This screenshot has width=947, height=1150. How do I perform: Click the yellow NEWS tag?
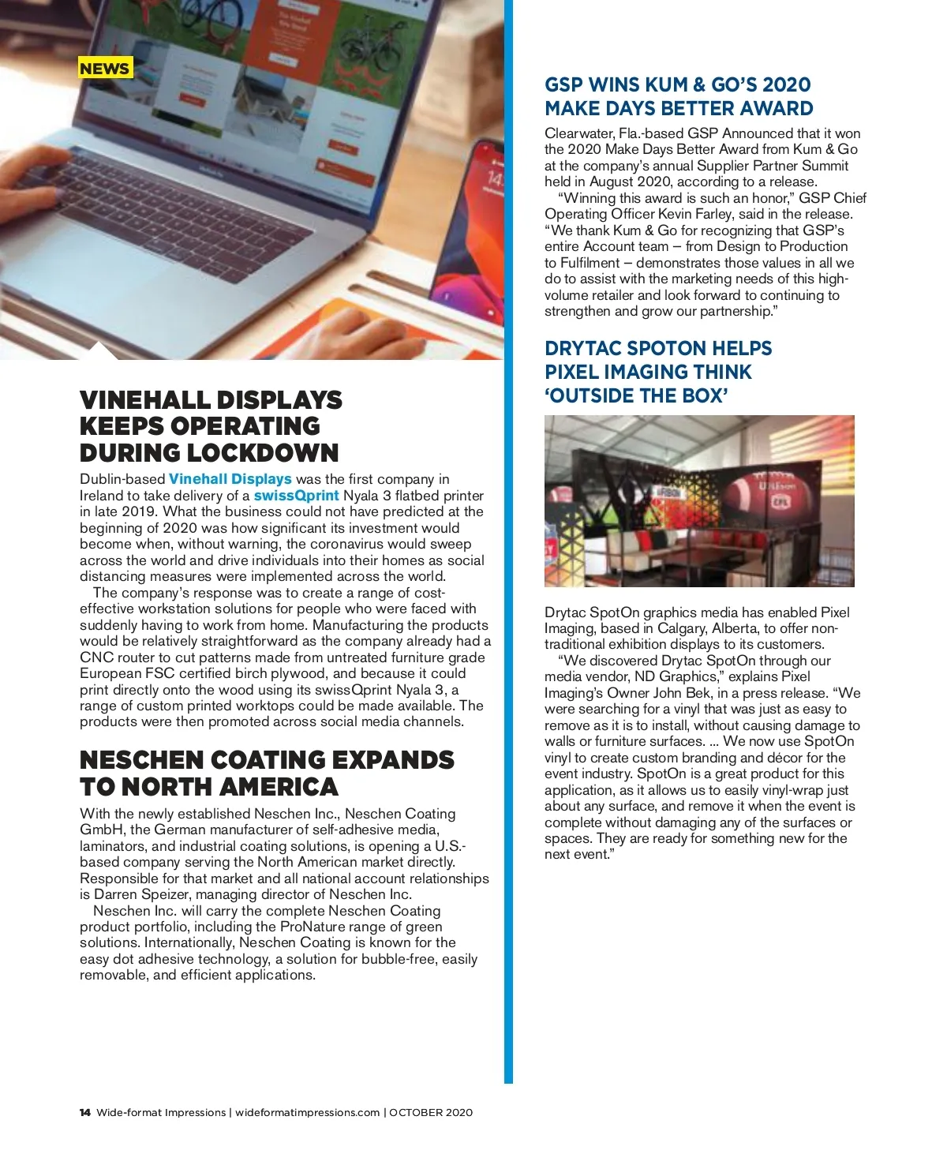[105, 69]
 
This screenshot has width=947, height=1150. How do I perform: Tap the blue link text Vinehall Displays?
[230, 479]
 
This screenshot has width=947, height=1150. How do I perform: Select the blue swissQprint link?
[296, 496]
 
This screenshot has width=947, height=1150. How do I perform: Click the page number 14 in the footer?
[85, 1113]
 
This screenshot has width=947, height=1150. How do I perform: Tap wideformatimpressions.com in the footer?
[308, 1113]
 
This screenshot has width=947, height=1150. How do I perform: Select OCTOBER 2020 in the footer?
[431, 1113]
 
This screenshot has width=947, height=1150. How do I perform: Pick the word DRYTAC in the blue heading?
[588, 348]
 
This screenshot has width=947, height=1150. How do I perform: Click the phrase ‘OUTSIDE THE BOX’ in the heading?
[636, 395]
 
